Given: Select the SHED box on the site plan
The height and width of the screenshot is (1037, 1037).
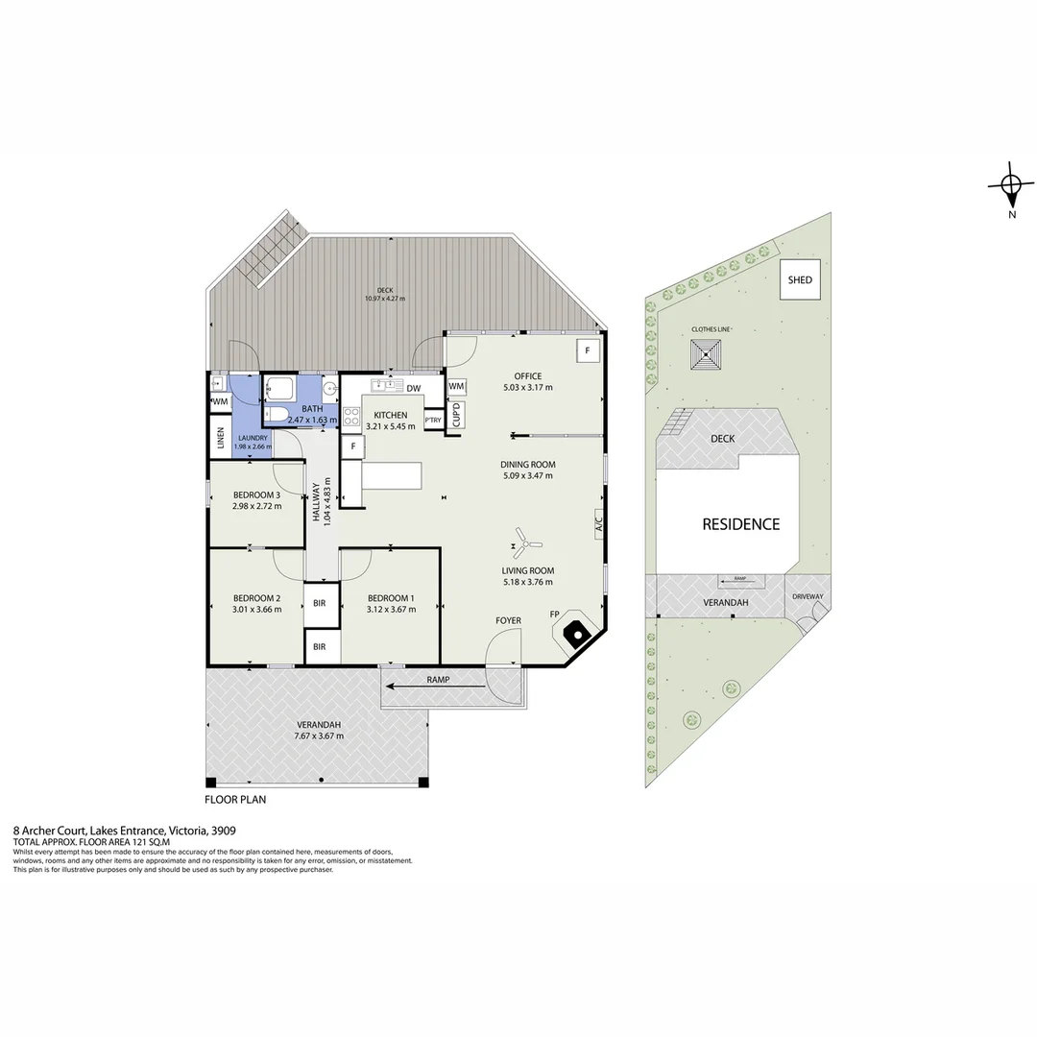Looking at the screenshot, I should coord(800,280).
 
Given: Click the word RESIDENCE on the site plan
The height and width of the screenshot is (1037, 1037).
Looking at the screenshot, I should coord(740,524).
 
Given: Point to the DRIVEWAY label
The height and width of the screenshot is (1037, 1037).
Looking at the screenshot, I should coord(808,596).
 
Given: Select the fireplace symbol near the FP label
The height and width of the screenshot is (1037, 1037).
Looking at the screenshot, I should coord(575,633).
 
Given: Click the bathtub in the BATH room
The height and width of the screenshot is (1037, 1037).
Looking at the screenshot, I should coord(282,390).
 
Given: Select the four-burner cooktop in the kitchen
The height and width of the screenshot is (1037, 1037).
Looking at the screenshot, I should coord(351,416).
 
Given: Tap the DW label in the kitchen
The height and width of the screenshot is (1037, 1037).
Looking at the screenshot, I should coord(414,388).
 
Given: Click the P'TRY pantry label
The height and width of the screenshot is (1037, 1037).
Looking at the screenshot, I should coord(433,420).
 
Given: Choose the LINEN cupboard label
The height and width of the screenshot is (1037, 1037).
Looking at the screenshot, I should coord(220,437).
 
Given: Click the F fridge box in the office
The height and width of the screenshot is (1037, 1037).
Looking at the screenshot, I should coord(587,350).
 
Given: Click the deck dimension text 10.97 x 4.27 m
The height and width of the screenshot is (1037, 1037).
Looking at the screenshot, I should coord(384,299).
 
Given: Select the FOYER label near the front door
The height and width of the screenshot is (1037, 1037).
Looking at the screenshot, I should coord(508,620).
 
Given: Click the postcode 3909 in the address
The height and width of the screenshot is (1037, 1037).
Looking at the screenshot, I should coord(224,831).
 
